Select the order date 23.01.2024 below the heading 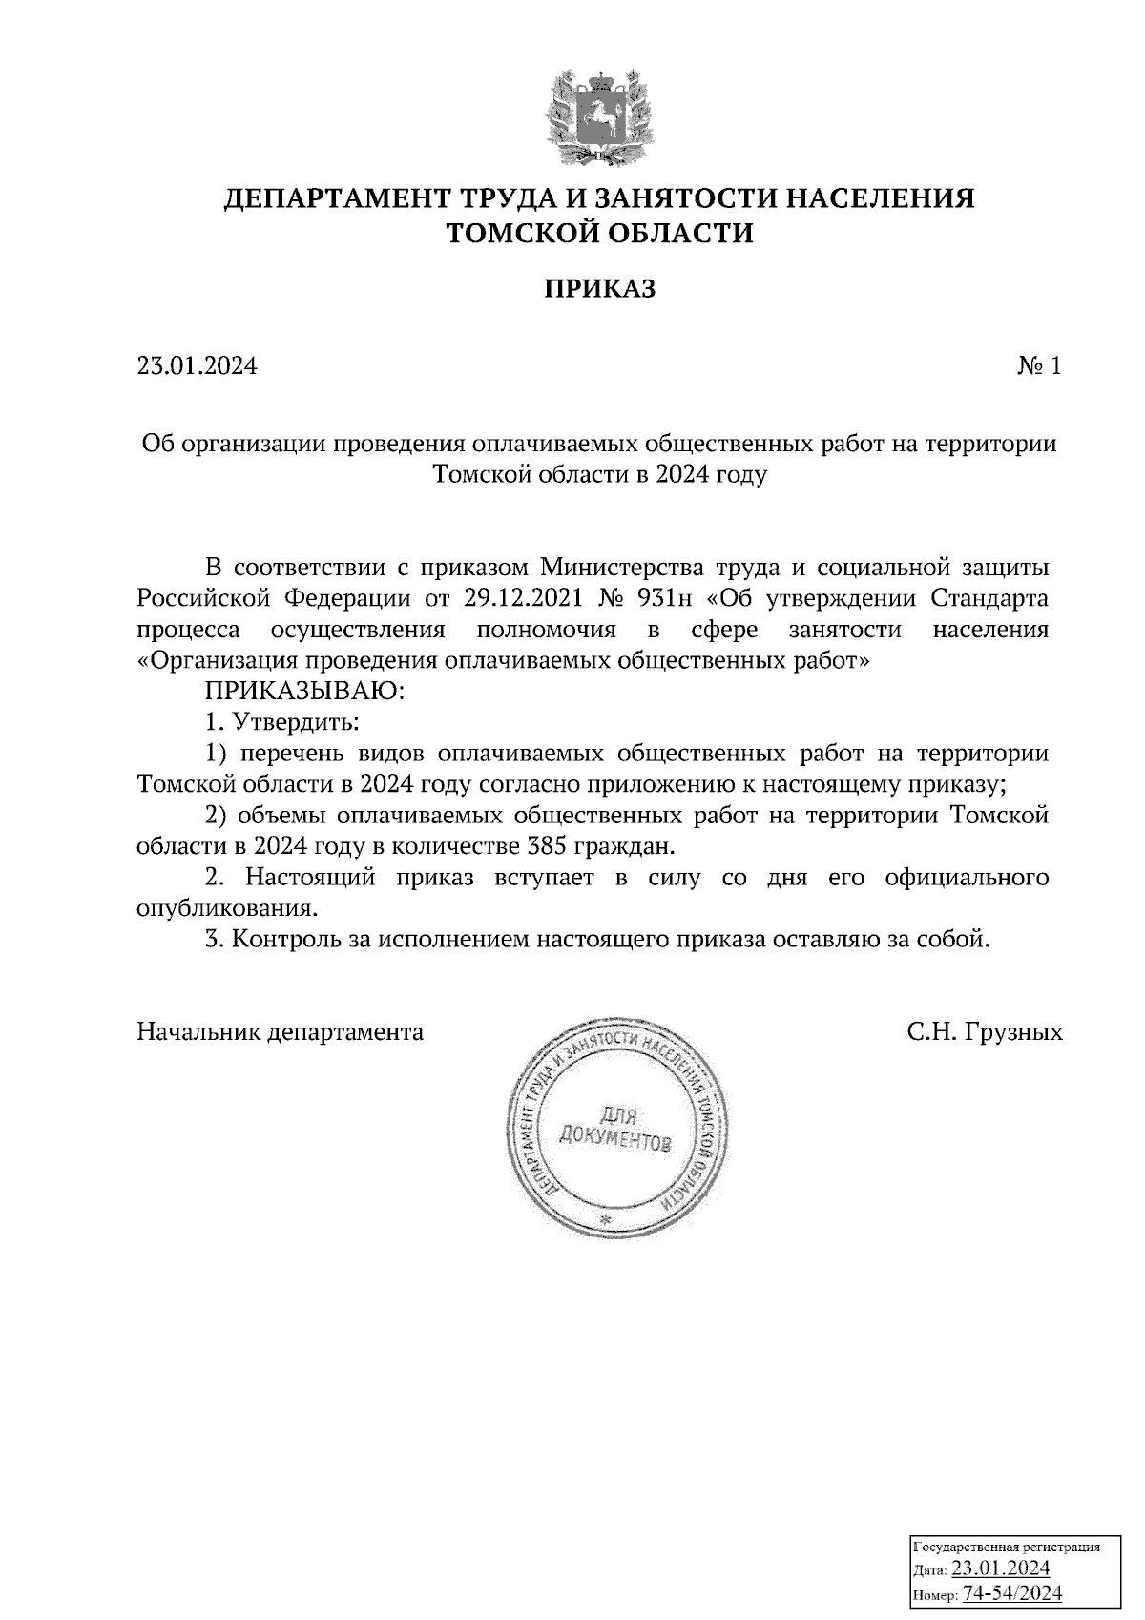pyautogui.click(x=197, y=366)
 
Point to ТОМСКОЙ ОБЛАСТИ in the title pyautogui.click(x=600, y=233)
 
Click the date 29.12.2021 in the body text pyautogui.click(x=524, y=599)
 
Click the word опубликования pyautogui.click(x=226, y=907)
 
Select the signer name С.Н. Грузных pyautogui.click(x=984, y=1031)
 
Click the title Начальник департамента pyautogui.click(x=281, y=1031)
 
